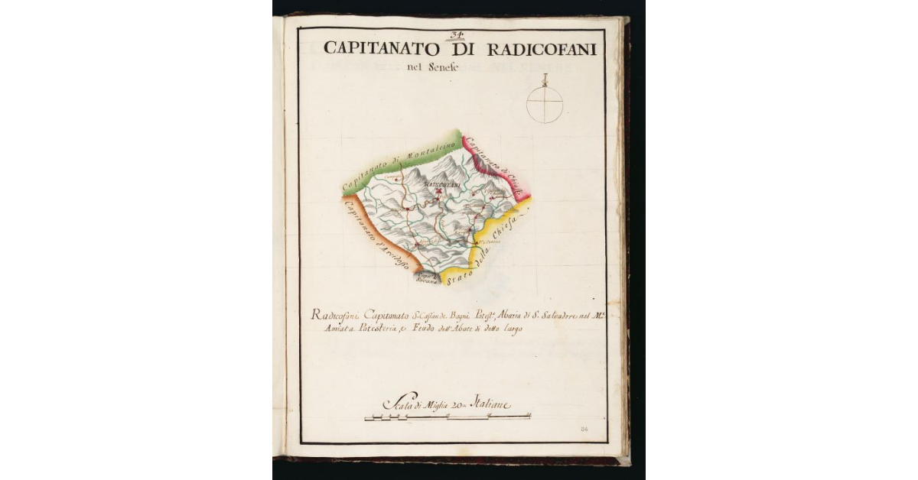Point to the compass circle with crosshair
coord(545,105)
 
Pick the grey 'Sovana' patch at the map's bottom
coord(427,278)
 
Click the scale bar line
coord(448,417)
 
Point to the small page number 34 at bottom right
coord(585,431)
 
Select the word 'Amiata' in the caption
coord(326,328)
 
